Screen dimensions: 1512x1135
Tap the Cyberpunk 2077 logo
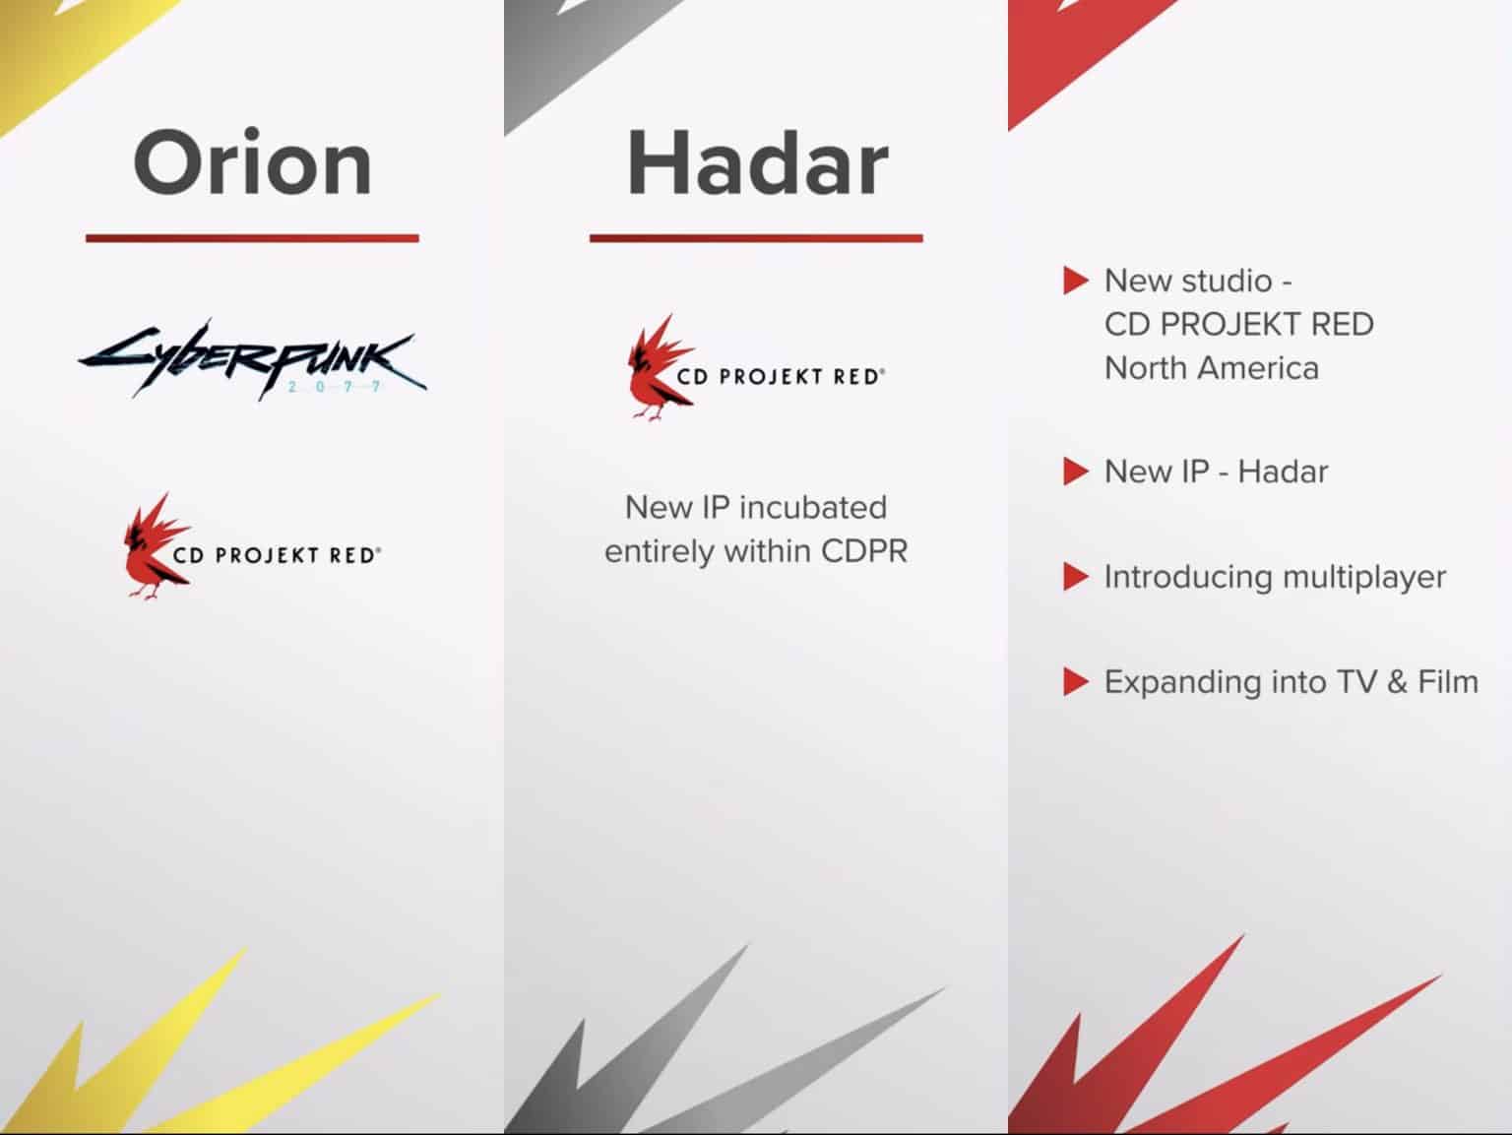click(x=252, y=359)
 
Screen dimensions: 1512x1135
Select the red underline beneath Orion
click(x=252, y=238)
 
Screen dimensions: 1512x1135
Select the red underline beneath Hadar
click(x=756, y=238)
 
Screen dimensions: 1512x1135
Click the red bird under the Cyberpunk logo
click(x=155, y=545)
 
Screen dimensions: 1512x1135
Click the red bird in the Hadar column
click(x=659, y=367)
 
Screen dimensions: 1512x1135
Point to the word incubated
click(x=813, y=508)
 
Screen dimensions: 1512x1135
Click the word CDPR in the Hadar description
click(x=864, y=551)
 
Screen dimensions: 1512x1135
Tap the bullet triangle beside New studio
click(x=1075, y=281)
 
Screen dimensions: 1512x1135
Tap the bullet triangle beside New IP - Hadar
click(x=1075, y=472)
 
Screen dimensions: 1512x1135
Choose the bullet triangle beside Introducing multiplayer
click(x=1075, y=577)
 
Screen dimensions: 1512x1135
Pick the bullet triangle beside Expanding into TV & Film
click(x=1075, y=682)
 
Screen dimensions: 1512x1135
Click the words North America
click(x=1212, y=368)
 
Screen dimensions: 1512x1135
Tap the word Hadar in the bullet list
click(x=1283, y=472)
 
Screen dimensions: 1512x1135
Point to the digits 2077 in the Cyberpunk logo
click(x=335, y=386)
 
